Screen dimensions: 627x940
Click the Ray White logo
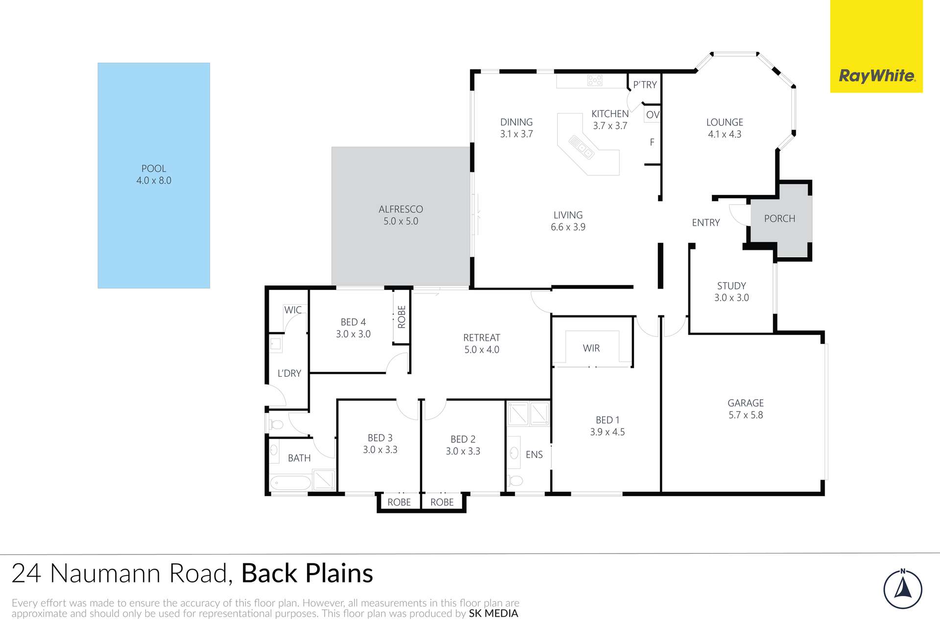click(876, 76)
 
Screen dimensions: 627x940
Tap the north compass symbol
click(903, 589)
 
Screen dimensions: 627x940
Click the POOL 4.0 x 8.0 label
click(154, 174)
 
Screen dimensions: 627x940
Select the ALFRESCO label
click(400, 209)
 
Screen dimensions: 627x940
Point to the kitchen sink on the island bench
click(581, 147)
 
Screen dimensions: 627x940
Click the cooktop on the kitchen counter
click(595, 80)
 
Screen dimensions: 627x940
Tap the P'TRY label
click(645, 85)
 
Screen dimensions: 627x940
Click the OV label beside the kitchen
click(652, 115)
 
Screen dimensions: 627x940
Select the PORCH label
click(779, 218)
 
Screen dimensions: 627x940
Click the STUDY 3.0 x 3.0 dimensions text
click(731, 297)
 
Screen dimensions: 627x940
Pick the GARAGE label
click(745, 403)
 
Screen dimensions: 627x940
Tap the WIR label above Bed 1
click(591, 348)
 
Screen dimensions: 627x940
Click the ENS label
click(534, 455)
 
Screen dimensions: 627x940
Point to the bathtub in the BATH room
click(290, 483)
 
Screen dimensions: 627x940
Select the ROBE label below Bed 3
click(399, 502)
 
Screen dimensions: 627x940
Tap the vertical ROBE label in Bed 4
click(401, 316)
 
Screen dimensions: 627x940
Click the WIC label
click(293, 310)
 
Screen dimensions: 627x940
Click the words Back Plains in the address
click(307, 573)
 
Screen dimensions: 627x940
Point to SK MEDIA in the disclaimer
click(493, 613)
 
